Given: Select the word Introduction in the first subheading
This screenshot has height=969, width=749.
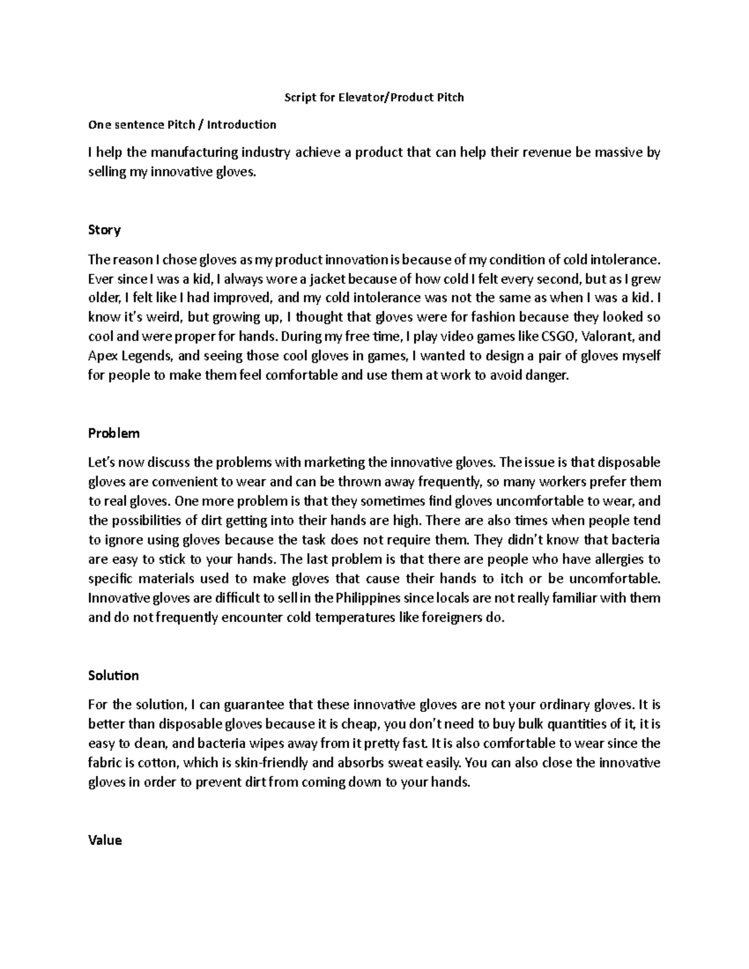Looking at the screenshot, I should [x=242, y=124].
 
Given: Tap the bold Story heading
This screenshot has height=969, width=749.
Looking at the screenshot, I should [x=104, y=230].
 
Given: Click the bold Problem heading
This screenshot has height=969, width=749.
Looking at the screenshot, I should [x=114, y=433].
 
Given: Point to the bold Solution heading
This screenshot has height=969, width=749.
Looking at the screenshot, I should [x=113, y=675].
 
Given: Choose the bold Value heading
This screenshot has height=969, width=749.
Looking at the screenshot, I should [x=105, y=840].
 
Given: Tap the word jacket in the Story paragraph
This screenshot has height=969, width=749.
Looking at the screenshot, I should [x=316, y=278].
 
